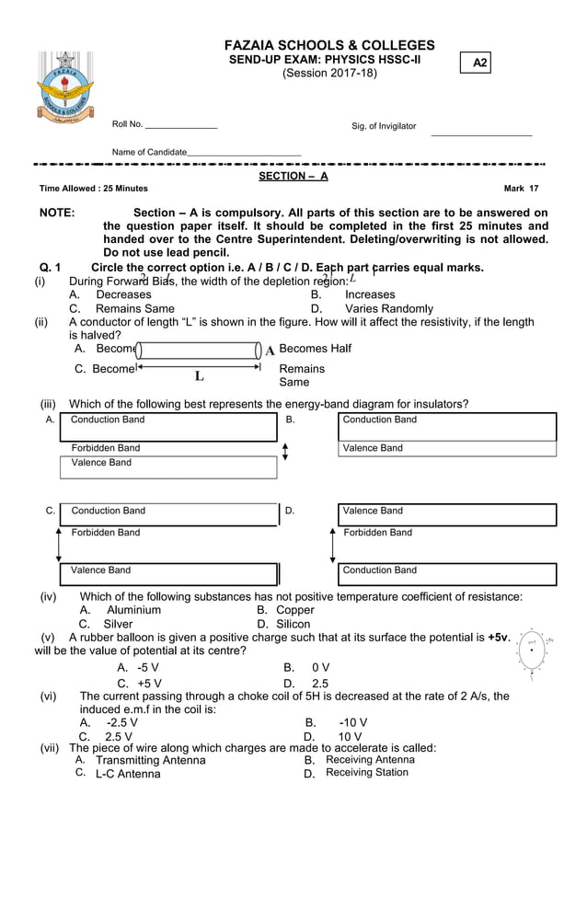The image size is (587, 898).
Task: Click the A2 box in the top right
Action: pyautogui.click(x=478, y=63)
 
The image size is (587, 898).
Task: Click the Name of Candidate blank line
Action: pyautogui.click(x=244, y=152)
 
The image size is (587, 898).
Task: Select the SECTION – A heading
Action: pyautogui.click(x=293, y=176)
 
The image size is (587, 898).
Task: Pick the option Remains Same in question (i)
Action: pyautogui.click(x=134, y=308)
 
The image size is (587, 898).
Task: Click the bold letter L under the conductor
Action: pyautogui.click(x=199, y=375)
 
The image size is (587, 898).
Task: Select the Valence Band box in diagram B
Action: pyautogui.click(x=447, y=448)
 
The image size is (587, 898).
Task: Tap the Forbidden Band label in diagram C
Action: pyautogui.click(x=106, y=532)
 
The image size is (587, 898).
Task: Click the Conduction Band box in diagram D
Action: pyautogui.click(x=447, y=570)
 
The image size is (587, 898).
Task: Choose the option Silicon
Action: pyautogui.click(x=293, y=624)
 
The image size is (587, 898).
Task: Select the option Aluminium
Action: pyautogui.click(x=133, y=609)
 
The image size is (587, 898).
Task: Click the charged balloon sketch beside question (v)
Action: pyautogui.click(x=533, y=650)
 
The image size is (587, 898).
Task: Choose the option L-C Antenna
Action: pyautogui.click(x=128, y=774)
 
